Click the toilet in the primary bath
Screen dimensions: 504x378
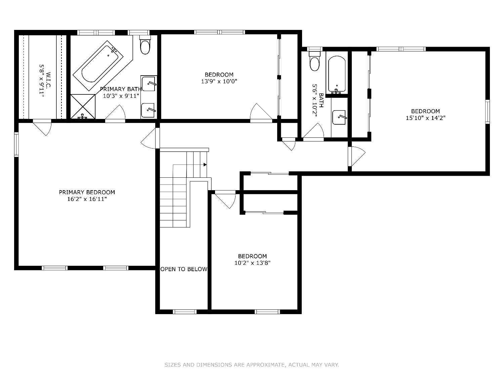point(145,45)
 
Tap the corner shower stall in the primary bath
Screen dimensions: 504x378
point(83,107)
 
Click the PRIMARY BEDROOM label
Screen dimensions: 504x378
point(87,192)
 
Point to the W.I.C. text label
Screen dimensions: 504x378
point(48,80)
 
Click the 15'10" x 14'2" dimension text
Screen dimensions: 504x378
point(425,118)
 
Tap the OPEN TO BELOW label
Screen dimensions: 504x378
point(184,269)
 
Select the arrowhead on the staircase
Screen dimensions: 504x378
point(205,165)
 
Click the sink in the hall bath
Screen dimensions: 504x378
point(339,117)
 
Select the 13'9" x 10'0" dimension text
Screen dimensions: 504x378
point(219,81)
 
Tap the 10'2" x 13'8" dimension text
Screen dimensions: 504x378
point(252,263)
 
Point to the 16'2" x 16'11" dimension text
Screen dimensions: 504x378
point(87,199)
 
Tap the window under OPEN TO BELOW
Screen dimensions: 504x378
point(184,311)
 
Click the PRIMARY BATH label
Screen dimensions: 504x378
point(121,89)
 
